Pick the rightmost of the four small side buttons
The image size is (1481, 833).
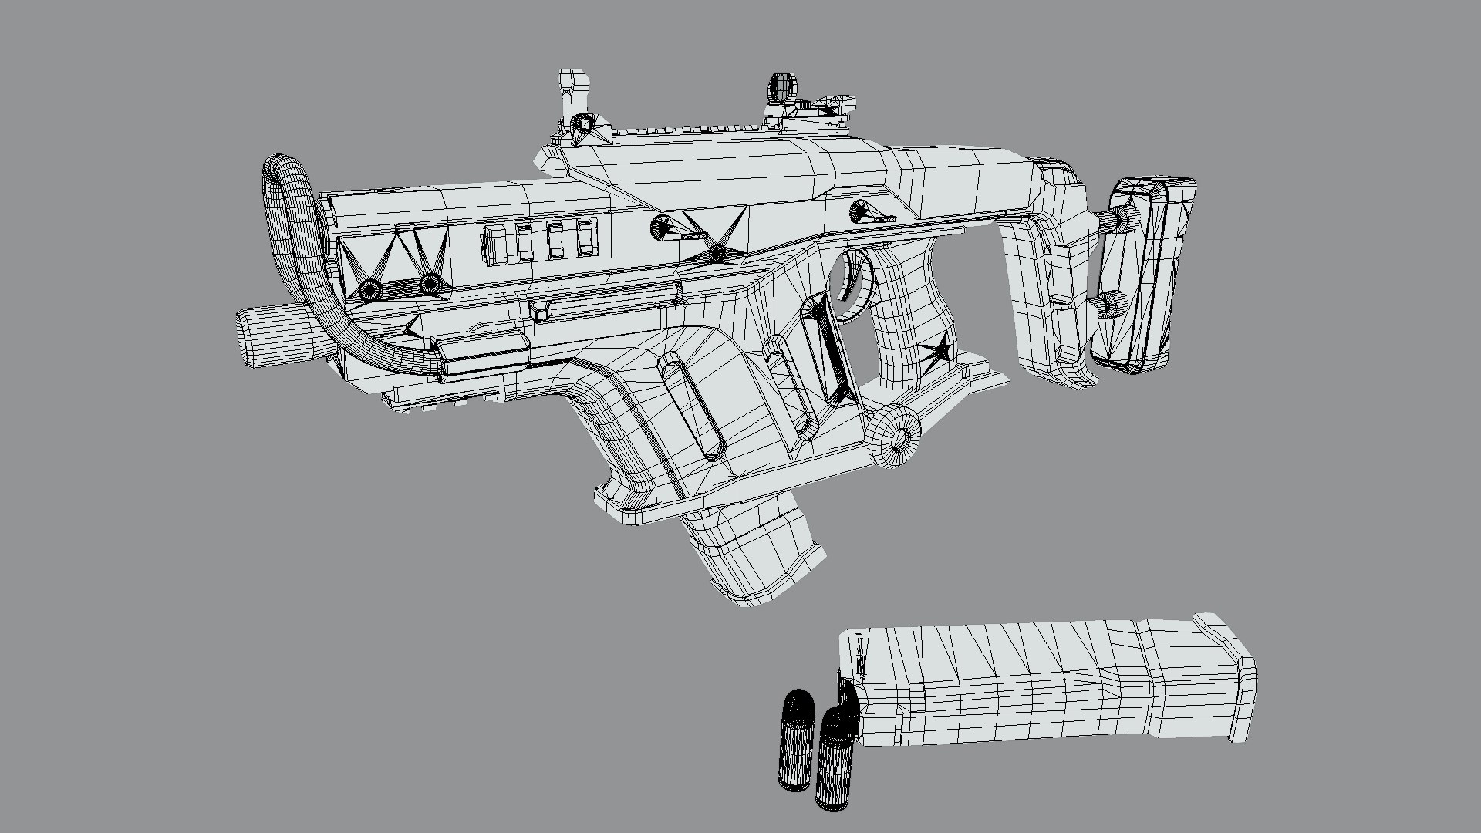click(x=588, y=239)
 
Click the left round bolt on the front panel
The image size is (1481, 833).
click(x=371, y=289)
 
